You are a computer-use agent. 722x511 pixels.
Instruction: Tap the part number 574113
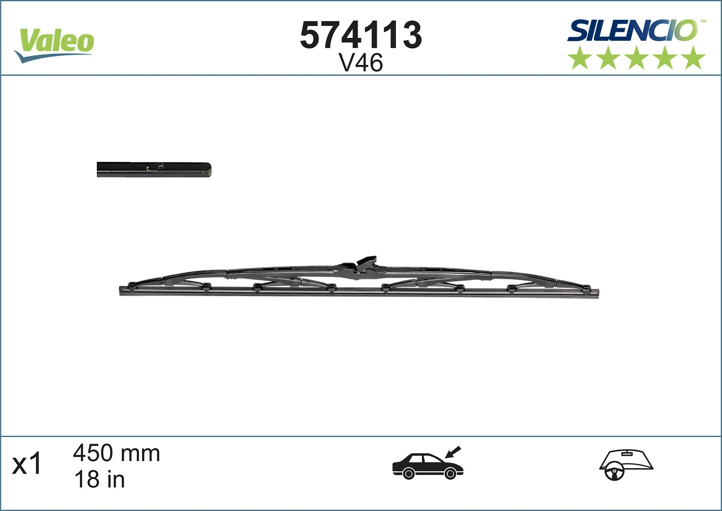click(x=361, y=36)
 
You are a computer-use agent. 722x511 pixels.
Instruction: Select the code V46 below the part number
click(x=361, y=63)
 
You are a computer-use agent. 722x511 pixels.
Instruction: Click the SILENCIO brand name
click(x=632, y=31)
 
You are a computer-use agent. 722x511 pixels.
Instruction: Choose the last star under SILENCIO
click(x=694, y=58)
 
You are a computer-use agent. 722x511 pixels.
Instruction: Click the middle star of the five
click(x=637, y=58)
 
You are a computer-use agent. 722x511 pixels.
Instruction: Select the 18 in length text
click(x=99, y=479)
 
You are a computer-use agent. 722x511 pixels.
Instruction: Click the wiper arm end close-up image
click(x=154, y=170)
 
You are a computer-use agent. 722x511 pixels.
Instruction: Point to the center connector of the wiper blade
click(x=360, y=266)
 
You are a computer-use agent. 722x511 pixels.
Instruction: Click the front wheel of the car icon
click(x=449, y=474)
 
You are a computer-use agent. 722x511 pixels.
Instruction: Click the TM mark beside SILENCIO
click(x=702, y=21)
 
